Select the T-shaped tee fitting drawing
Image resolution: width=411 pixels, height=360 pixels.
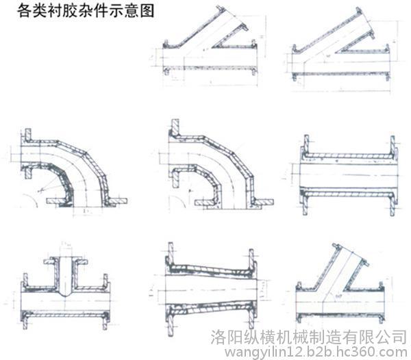click(x=65, y=291)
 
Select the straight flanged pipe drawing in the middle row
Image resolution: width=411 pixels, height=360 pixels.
click(x=348, y=171)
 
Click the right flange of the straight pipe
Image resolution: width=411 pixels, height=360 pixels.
click(x=394, y=171)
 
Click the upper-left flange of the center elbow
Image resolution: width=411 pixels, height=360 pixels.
click(x=174, y=130)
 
